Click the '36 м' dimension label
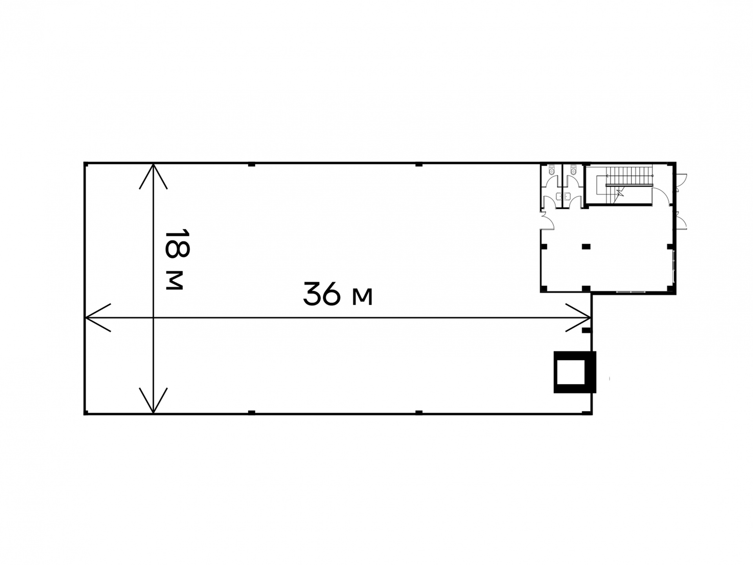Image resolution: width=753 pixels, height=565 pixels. pos(338,294)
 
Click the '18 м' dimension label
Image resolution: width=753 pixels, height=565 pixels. pos(177,260)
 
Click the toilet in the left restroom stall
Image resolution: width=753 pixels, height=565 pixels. pos(552,170)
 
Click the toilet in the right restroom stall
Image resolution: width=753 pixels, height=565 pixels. pos(574,170)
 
